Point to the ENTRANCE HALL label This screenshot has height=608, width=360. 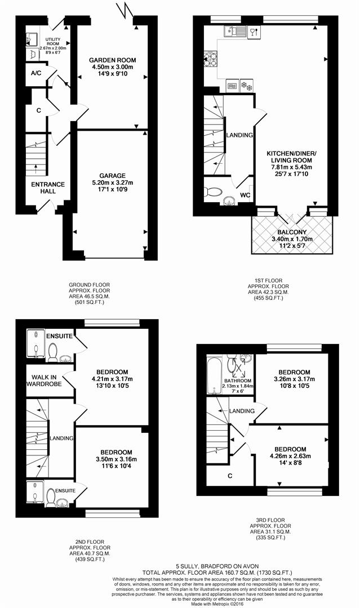click(48, 187)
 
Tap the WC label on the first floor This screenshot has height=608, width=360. click(246, 195)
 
